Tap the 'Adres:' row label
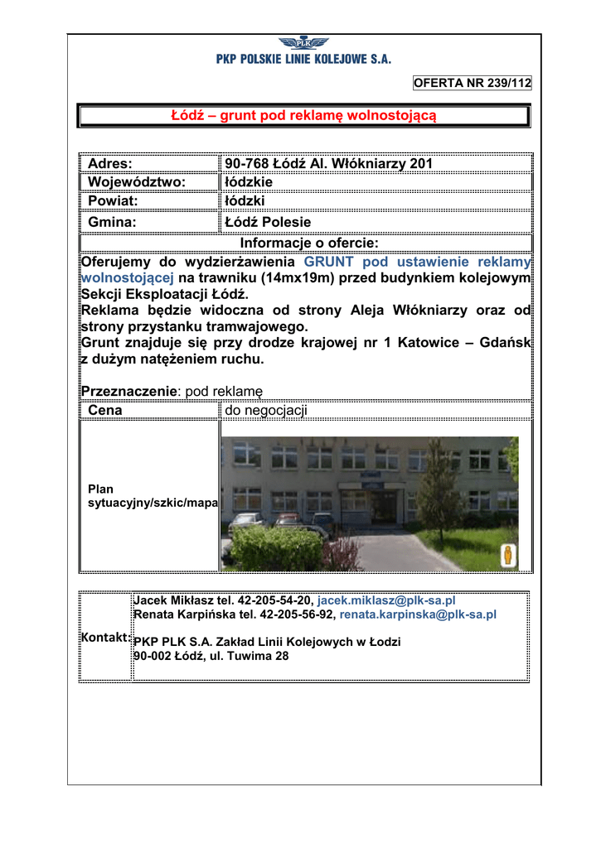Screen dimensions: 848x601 110,164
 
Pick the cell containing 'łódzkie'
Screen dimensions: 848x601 249,182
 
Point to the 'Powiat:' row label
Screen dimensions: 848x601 113,201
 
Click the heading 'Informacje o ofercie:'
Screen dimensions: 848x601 308,243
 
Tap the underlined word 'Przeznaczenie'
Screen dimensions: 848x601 128,391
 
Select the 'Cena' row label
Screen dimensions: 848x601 105,410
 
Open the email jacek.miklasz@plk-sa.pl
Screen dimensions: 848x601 387,600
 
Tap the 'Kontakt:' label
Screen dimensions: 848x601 106,637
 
